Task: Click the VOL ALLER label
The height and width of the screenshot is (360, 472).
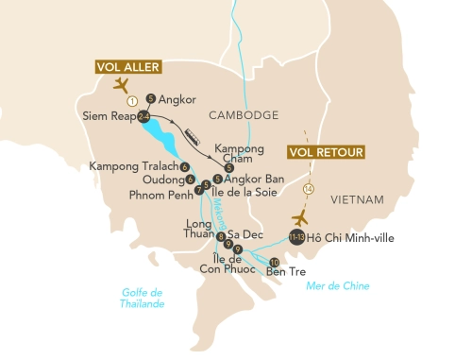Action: pos(126,67)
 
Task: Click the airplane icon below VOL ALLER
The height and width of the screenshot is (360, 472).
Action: pos(121,85)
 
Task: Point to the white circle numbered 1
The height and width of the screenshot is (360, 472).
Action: pos(133,100)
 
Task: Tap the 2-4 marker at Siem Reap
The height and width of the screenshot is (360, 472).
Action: pos(143,117)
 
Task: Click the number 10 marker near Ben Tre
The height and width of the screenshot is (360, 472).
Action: pos(275,262)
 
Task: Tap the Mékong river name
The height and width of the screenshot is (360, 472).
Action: pos(212,214)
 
